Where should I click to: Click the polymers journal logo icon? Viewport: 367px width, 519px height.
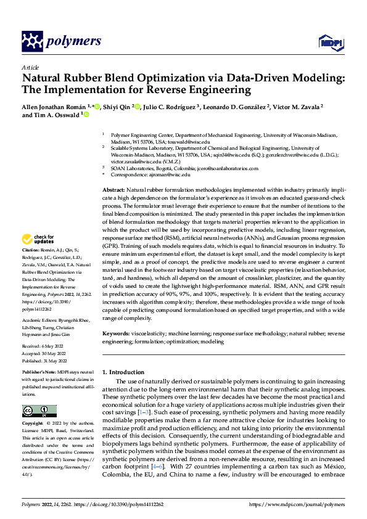[31, 42]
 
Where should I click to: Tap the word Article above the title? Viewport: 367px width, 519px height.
[30, 67]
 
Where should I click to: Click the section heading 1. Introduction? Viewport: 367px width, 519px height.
[126, 372]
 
